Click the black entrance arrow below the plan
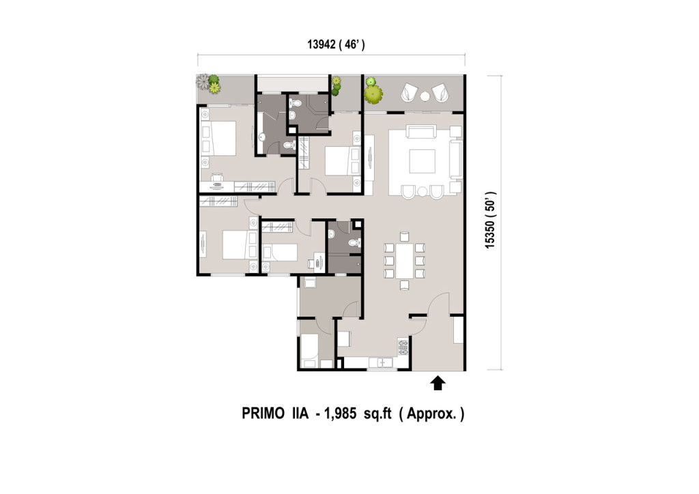(x=438, y=383)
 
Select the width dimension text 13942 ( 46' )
(x=336, y=44)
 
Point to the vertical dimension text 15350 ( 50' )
(x=490, y=220)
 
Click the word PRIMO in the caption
(x=263, y=413)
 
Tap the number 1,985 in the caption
(x=341, y=413)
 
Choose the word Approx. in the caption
(x=431, y=413)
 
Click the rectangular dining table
(x=405, y=261)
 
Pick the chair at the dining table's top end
(x=404, y=237)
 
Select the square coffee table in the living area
(x=422, y=161)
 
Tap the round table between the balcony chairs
(x=425, y=96)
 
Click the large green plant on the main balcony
(x=373, y=94)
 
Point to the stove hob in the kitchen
(x=403, y=347)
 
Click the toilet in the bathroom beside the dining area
(x=354, y=242)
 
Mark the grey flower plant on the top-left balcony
(x=203, y=81)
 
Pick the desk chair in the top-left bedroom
(x=217, y=177)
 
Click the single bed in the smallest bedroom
(x=279, y=252)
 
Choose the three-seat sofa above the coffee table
(x=420, y=132)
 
